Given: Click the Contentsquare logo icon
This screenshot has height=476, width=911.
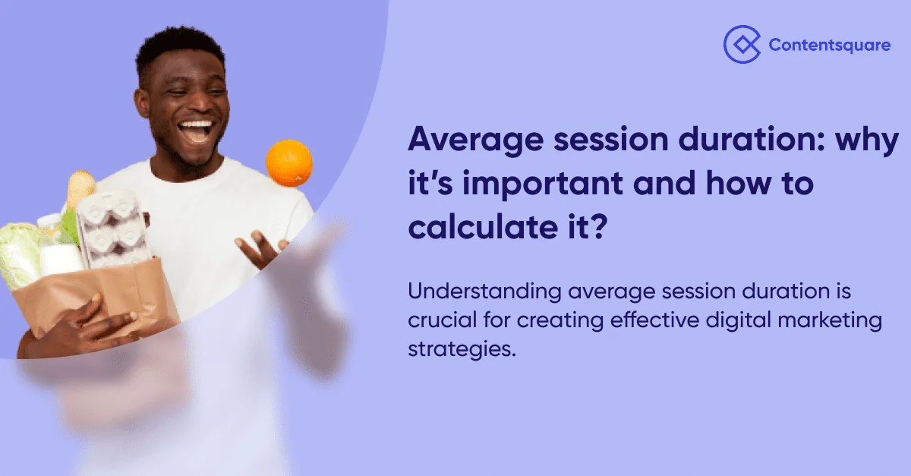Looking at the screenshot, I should pos(741,44).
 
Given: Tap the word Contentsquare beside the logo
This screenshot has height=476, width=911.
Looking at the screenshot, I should pos(829,46).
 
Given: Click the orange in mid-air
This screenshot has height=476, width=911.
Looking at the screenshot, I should pos(288,162).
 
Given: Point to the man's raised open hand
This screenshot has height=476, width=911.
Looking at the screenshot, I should pos(262,251).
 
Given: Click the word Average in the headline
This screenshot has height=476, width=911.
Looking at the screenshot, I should pos(471,141).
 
